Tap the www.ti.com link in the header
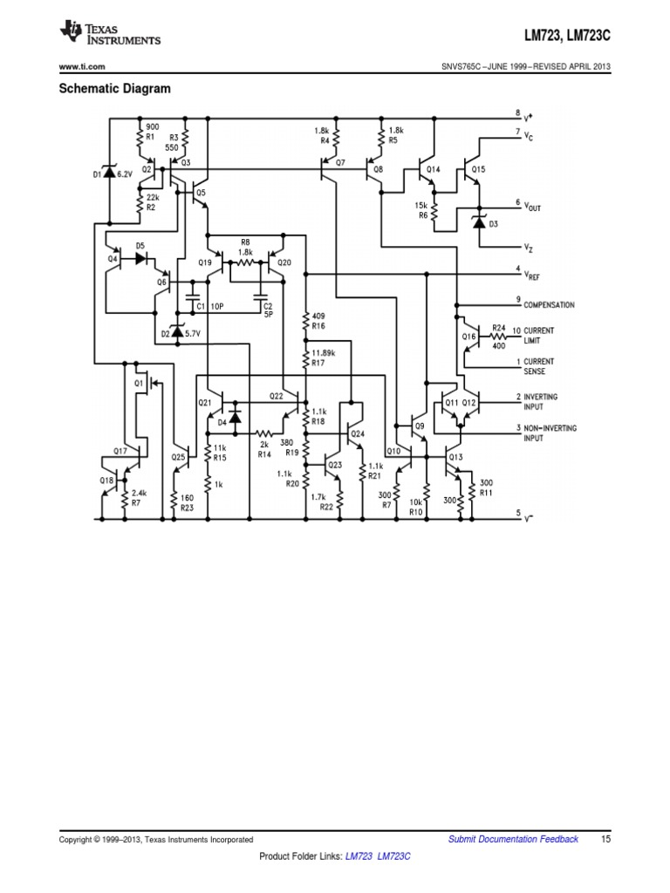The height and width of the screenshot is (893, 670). pyautogui.click(x=82, y=68)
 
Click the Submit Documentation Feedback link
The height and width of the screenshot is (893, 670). pyautogui.click(x=513, y=839)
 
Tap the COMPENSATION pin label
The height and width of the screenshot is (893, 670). pyautogui.click(x=549, y=304)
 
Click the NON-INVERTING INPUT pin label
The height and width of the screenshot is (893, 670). pyautogui.click(x=550, y=433)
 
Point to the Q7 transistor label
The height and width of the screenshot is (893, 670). pyautogui.click(x=340, y=162)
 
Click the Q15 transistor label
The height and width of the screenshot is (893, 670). pyautogui.click(x=479, y=169)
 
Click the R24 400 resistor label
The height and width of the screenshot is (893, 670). pyautogui.click(x=498, y=336)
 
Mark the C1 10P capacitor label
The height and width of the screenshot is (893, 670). pyautogui.click(x=211, y=307)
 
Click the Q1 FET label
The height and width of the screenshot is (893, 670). pyautogui.click(x=138, y=382)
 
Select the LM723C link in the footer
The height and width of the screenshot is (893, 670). pyautogui.click(x=394, y=858)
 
